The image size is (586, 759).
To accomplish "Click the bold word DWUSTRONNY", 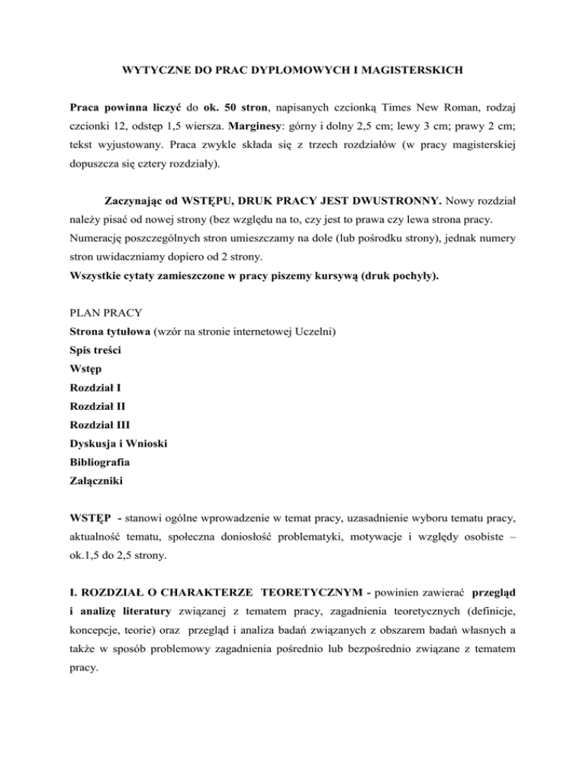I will tap(390, 205).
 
